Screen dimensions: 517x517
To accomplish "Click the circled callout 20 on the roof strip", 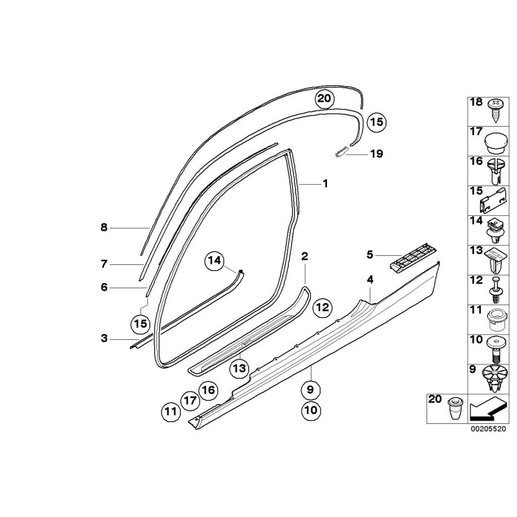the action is click(x=324, y=99).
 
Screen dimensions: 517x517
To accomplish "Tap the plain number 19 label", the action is click(x=377, y=154).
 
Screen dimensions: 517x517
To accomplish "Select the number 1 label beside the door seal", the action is click(x=325, y=184).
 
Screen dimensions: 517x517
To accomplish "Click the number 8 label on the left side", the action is click(x=104, y=227).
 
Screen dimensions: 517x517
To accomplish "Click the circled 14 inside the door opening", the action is click(x=214, y=261).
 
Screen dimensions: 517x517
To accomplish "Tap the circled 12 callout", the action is click(x=322, y=308).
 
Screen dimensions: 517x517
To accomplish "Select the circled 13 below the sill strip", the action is click(x=239, y=368).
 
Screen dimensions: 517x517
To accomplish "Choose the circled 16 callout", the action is click(x=208, y=390).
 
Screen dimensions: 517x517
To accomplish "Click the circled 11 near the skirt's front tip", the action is click(x=171, y=412).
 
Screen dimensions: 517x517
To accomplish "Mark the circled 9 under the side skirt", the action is click(x=311, y=390).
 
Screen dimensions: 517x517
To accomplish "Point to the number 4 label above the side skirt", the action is click(x=370, y=280).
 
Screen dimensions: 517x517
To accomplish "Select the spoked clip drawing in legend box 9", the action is click(x=494, y=379).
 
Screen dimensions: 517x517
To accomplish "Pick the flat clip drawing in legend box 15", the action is click(x=492, y=200).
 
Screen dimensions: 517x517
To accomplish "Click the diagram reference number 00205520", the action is click(x=488, y=428).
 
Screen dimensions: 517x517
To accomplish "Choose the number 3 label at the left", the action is click(x=104, y=338).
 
